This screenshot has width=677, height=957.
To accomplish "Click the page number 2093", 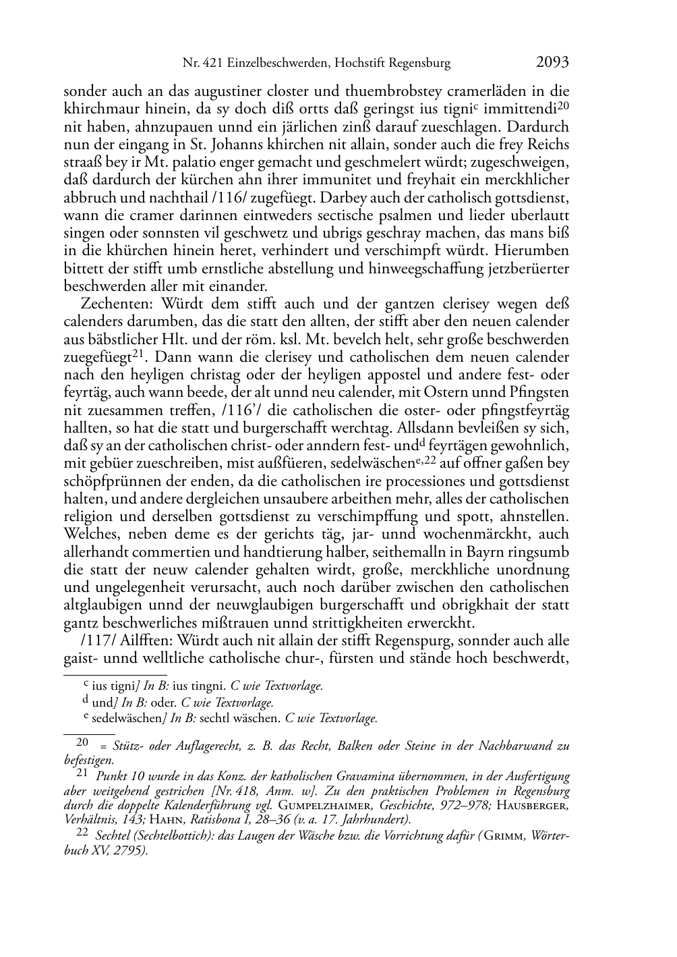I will [x=552, y=63].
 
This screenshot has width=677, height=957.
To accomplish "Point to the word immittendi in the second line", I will [x=523, y=109].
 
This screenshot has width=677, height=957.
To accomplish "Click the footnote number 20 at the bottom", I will [x=82, y=742].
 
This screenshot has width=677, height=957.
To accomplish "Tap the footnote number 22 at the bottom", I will [x=82, y=833].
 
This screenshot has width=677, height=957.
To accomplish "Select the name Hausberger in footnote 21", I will [x=532, y=804].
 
